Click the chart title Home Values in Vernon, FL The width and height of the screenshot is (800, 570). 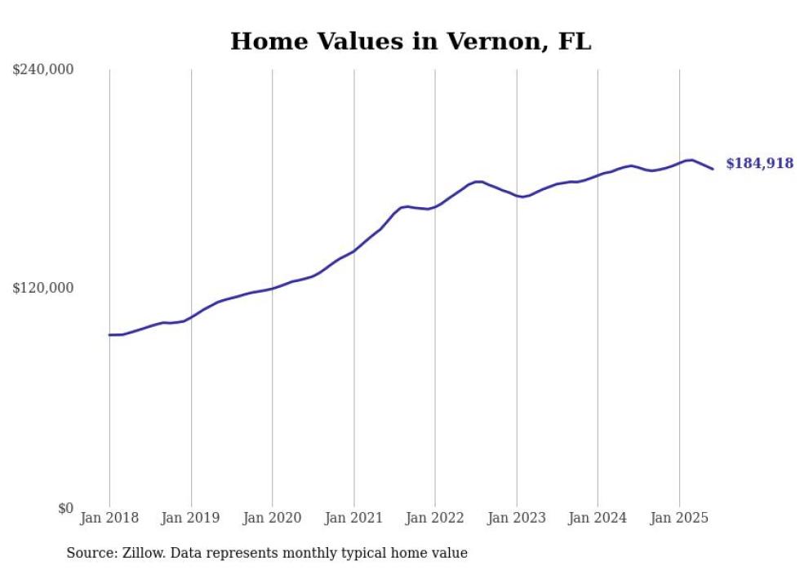pyautogui.click(x=411, y=42)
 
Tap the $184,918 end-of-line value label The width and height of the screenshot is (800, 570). pyautogui.click(x=759, y=164)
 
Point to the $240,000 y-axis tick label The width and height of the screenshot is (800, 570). pyautogui.click(x=43, y=70)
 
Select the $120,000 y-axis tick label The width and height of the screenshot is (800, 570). pyautogui.click(x=43, y=288)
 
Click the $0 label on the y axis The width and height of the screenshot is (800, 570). pyautogui.click(x=65, y=508)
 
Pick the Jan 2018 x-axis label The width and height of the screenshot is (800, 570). pyautogui.click(x=109, y=518)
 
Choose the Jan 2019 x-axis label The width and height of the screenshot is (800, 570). pyautogui.click(x=191, y=518)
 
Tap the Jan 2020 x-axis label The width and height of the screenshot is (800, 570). pyautogui.click(x=273, y=518)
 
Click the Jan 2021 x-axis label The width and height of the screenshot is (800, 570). pyautogui.click(x=354, y=518)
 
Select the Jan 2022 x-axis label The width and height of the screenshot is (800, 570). pyautogui.click(x=435, y=518)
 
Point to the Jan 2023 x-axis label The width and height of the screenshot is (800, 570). pyautogui.click(x=517, y=518)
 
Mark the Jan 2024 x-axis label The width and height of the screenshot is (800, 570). pyautogui.click(x=598, y=518)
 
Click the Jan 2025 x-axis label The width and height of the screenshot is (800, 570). pyautogui.click(x=679, y=518)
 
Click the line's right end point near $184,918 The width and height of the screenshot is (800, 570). pyautogui.click(x=713, y=169)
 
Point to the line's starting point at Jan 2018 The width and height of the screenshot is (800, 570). pyautogui.click(x=110, y=335)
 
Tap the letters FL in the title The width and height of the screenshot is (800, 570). pyautogui.click(x=575, y=42)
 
